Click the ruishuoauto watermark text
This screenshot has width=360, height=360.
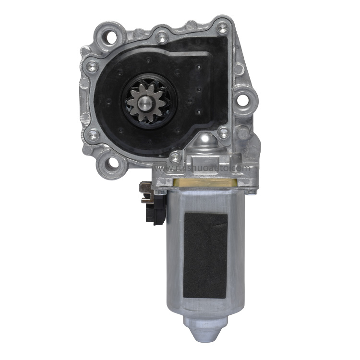click(202, 168)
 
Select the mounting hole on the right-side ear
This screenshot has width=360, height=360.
click(244, 99)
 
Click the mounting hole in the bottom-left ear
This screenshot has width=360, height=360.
click(113, 164)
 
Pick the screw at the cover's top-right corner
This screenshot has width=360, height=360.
click(222, 28)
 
